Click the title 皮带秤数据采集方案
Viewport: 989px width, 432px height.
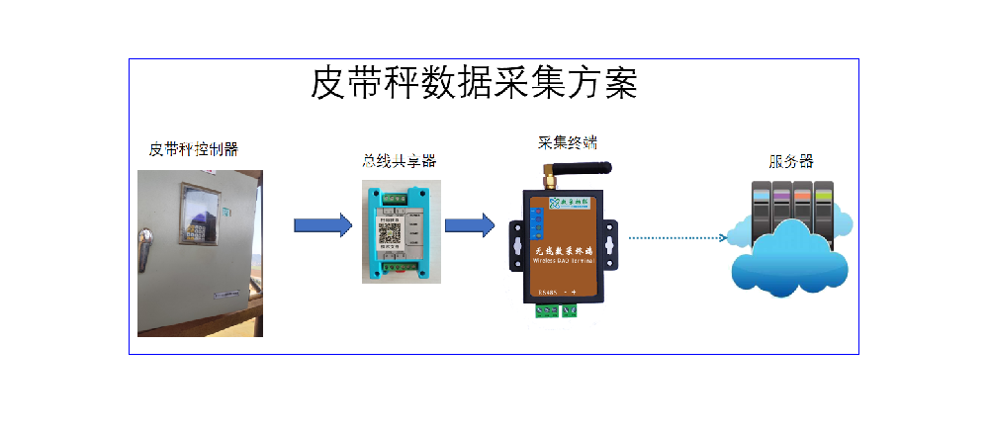(x=474, y=84)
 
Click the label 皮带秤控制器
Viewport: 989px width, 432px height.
(x=193, y=150)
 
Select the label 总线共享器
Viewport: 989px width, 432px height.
(x=399, y=161)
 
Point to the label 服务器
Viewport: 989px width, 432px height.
(x=791, y=161)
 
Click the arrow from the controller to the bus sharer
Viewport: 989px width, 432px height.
(x=322, y=225)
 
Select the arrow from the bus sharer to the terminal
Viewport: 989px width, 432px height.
(x=470, y=225)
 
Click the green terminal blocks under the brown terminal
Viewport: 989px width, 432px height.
(x=557, y=311)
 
